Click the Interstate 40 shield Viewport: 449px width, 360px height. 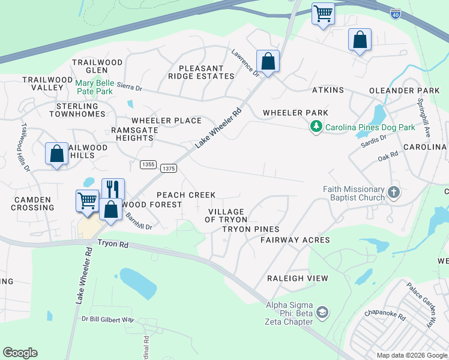(x=396, y=12)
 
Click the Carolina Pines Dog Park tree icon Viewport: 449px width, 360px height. (x=316, y=127)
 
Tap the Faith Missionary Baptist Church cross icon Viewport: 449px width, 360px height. (x=393, y=193)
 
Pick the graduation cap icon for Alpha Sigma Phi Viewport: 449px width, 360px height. (x=322, y=313)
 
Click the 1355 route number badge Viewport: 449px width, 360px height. (x=148, y=164)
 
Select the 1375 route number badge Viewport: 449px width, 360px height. (x=169, y=169)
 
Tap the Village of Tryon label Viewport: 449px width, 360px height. (x=226, y=215)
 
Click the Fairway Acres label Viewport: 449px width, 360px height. (x=295, y=240)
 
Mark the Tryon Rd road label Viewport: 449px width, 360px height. (x=113, y=244)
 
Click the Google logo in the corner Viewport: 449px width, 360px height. (x=20, y=353)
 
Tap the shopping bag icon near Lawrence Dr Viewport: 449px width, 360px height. (x=268, y=61)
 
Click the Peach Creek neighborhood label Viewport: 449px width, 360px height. (x=185, y=195)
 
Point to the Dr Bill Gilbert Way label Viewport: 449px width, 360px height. (x=108, y=319)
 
